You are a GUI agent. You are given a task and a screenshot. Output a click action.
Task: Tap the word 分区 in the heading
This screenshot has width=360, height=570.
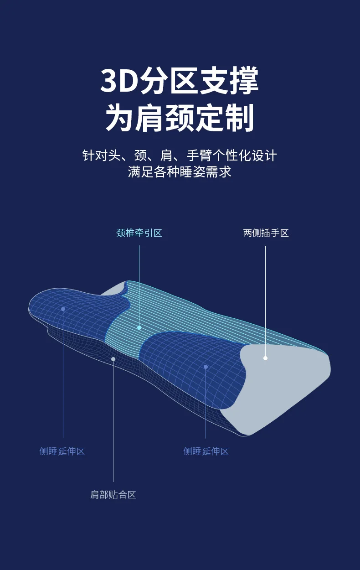(x=169, y=81)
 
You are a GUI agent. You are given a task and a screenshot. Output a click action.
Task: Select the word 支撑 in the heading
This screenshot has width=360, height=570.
(x=229, y=81)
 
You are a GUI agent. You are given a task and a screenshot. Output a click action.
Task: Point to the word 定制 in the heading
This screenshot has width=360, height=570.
(x=225, y=118)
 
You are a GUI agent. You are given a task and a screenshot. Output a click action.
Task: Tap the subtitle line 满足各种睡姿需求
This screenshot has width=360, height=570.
(x=180, y=172)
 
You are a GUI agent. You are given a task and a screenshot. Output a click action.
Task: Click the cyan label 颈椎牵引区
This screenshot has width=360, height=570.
(x=139, y=233)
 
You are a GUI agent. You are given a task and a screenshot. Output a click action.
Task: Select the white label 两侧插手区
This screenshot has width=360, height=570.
(x=266, y=233)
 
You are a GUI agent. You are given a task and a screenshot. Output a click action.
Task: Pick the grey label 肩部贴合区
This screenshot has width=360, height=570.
(x=113, y=495)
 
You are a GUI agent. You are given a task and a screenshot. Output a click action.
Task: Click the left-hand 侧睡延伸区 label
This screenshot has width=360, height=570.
(x=62, y=451)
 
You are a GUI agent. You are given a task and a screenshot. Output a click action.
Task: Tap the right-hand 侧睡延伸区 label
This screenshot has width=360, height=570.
(x=206, y=451)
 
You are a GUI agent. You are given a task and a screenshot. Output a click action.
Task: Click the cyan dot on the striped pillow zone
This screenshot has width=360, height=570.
(x=139, y=327)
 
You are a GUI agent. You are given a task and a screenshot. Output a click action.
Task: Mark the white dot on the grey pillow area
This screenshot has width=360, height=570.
(x=265, y=358)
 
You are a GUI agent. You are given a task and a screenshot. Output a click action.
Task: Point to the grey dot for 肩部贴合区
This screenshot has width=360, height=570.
(x=113, y=359)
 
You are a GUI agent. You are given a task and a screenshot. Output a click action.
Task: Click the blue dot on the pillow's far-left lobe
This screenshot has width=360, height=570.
(x=63, y=309)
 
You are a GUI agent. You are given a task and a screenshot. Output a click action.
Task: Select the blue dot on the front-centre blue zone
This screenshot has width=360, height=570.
(x=206, y=367)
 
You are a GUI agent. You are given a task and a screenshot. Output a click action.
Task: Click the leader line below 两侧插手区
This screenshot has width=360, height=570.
(x=265, y=296)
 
